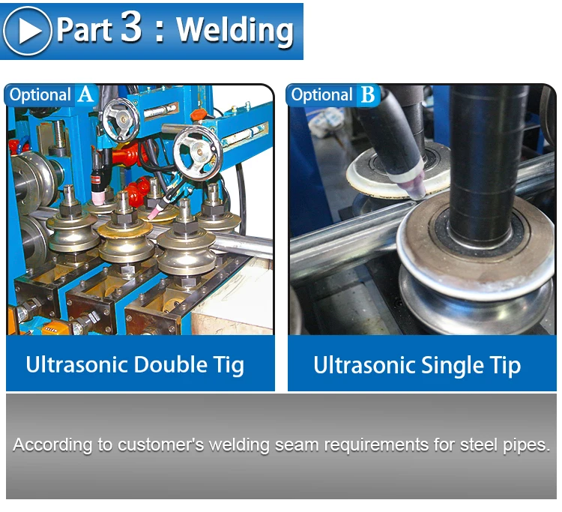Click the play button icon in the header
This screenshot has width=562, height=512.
pyautogui.click(x=27, y=31)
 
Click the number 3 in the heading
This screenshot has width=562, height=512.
pyautogui.click(x=131, y=27)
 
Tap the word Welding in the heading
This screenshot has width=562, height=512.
pyautogui.click(x=235, y=31)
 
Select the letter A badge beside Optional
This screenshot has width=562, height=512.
pyautogui.click(x=86, y=95)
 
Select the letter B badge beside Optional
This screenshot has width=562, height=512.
pyautogui.click(x=368, y=95)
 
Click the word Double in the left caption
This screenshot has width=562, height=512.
pyautogui.click(x=171, y=364)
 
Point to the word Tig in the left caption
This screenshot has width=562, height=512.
pyautogui.click(x=229, y=367)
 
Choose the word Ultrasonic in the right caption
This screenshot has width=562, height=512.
pyautogui.click(x=364, y=365)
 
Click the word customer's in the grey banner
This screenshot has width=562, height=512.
pyautogui.click(x=161, y=445)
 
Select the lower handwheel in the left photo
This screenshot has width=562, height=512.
pyautogui.click(x=198, y=152)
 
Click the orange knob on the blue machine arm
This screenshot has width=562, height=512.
pyautogui.click(x=198, y=115)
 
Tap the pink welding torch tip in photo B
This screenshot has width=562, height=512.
pyautogui.click(x=417, y=190)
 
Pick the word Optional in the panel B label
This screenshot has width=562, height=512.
pyautogui.click(x=322, y=95)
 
